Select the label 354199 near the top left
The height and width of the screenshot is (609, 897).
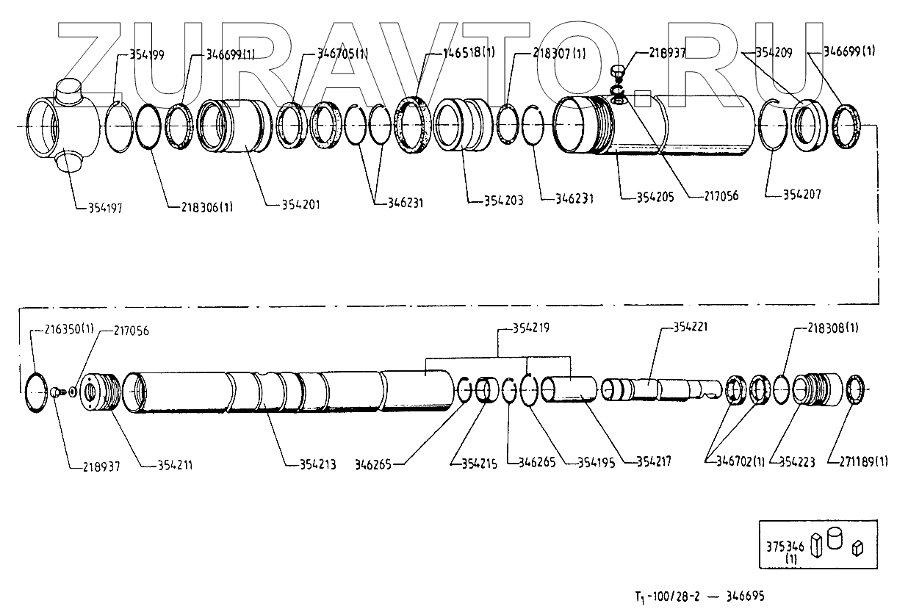pyautogui.click(x=147, y=54)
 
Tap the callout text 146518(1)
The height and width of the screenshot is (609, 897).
pyautogui.click(x=469, y=53)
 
